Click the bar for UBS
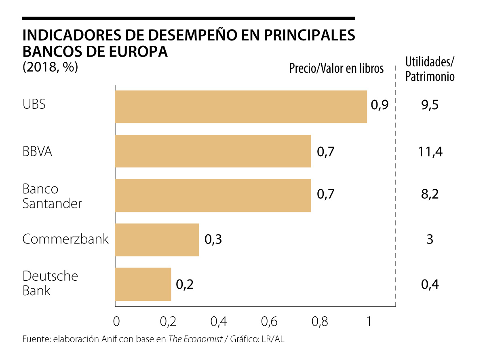[x=241, y=106]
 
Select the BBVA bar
[x=213, y=151]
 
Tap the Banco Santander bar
[x=213, y=195]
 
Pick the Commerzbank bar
[x=157, y=239]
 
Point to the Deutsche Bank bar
[x=143, y=284]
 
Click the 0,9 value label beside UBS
[x=380, y=106]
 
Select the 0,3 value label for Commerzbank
[x=213, y=239]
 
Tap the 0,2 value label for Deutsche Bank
[x=185, y=284]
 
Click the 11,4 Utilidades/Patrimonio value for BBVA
[x=430, y=152]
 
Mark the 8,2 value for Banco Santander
[x=430, y=195]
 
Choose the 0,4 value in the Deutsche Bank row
[x=430, y=284]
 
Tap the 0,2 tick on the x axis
[x=167, y=322]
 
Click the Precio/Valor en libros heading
[x=336, y=69]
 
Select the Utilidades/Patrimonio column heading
[x=430, y=69]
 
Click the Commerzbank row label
[x=65, y=239]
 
